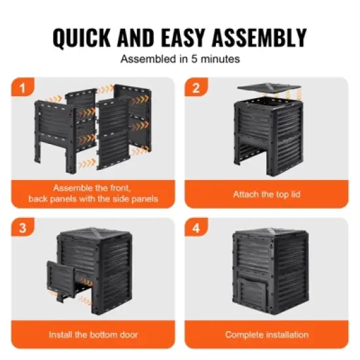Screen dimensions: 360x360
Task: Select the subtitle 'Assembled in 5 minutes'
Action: click(180, 58)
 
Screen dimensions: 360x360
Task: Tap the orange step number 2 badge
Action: click(195, 87)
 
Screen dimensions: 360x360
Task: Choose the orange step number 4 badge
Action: click(195, 228)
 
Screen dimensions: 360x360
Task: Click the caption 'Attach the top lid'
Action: click(266, 194)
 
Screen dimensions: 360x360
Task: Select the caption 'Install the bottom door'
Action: click(93, 334)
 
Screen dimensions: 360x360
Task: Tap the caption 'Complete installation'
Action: click(266, 334)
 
